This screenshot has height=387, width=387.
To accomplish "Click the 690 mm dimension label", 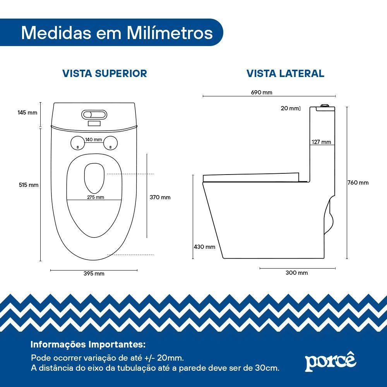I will point(262,92).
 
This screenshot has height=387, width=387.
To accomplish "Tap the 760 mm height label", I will point(358,183).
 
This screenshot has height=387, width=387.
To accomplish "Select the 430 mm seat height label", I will point(204,247).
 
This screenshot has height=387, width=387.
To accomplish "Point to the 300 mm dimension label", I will point(297,273).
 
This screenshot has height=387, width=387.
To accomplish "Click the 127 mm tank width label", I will point(321,142).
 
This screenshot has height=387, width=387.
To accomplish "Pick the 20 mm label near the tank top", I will point(290,108).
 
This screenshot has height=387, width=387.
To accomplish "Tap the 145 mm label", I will point(27,113).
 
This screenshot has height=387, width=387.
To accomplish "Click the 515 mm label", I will point(29,185).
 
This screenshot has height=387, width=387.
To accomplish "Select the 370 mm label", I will point(160,197).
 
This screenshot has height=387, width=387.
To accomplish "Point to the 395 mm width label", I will point(94,274).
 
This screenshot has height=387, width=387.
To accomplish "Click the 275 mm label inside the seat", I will point(95,197).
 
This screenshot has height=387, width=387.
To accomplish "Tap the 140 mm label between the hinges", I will point(94,140).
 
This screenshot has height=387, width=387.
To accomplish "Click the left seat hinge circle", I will point(77,143).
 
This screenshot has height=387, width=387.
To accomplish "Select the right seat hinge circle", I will point(110,143).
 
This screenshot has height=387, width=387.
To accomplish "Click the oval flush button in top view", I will point(94,115).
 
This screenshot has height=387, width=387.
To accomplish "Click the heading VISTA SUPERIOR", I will point(105,74).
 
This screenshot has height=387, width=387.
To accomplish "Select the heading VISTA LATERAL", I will point(286,74).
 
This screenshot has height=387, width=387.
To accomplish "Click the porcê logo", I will point(330,361).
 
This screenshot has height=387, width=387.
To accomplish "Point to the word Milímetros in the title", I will point(170,33).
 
